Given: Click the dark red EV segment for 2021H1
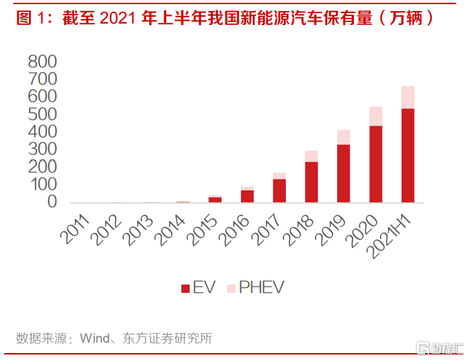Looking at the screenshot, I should point(408,155).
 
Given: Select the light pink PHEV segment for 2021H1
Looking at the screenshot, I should point(408,97).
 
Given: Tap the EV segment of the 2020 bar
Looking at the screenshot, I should point(376,164).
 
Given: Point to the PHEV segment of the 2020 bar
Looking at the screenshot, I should point(376,116).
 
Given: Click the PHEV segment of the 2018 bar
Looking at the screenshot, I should point(312,156).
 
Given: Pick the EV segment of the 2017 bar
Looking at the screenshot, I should point(279,190).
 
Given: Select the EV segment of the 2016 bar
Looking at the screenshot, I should point(247,196).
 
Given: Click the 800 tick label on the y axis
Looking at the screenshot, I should point(42,62).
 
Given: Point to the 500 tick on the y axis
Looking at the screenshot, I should point(42,114).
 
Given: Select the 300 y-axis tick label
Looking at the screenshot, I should point(42,150).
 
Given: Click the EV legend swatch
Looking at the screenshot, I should point(185,288).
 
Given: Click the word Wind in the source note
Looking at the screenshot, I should point(95,339).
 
